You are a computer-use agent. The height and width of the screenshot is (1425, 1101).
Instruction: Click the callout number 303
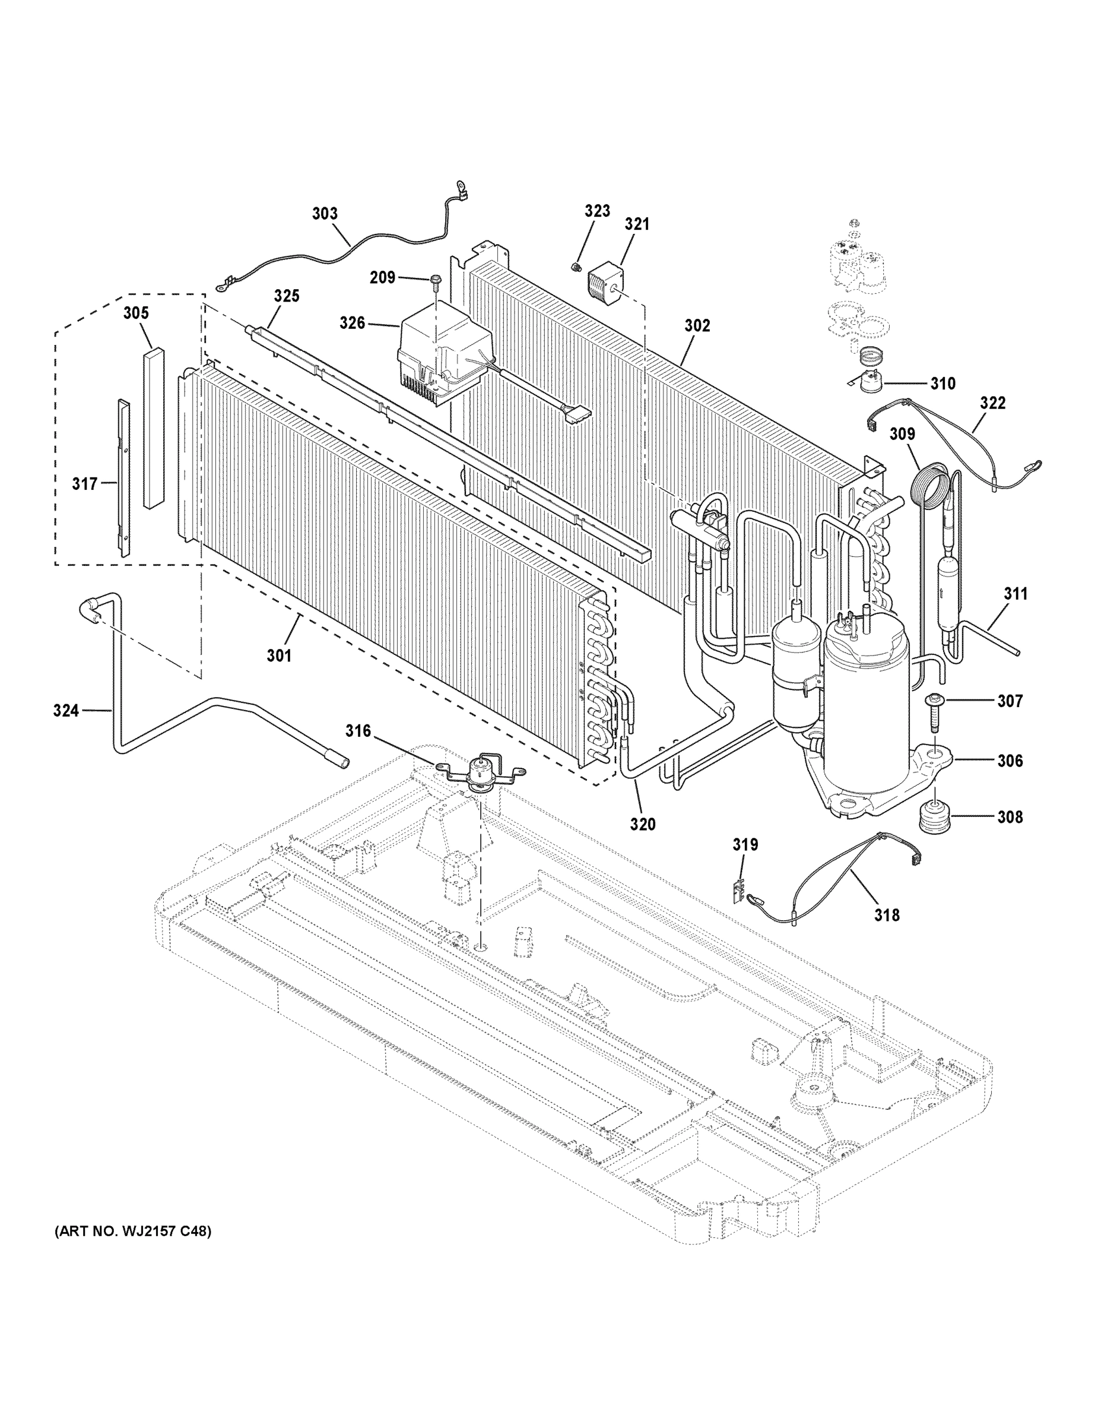325,213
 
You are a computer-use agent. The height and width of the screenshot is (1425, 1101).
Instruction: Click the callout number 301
279,655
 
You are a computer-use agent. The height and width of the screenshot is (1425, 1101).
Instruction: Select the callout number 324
66,711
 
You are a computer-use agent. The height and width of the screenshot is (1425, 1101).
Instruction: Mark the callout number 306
1010,760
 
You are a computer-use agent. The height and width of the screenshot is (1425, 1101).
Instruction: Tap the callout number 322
992,403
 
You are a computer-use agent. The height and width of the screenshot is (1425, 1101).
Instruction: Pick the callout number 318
886,916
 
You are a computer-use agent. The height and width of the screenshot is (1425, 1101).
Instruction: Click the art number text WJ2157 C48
132,1232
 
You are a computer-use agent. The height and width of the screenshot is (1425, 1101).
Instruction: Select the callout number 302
697,325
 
